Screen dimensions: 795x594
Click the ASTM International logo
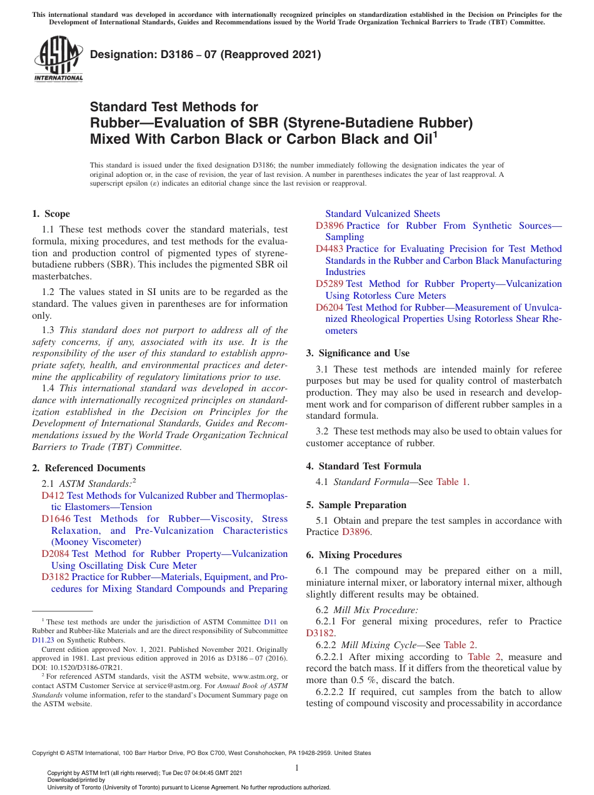click(x=58, y=59)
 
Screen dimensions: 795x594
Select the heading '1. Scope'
click(x=51, y=214)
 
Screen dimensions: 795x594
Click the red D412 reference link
click(x=53, y=496)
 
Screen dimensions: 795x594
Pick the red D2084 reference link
click(x=56, y=554)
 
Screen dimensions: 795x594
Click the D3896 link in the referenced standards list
click(x=330, y=226)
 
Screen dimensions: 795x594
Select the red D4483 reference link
click(x=330, y=249)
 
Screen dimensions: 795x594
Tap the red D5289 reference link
click(x=330, y=284)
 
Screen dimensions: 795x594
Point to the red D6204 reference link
click(x=330, y=307)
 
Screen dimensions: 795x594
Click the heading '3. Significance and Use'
click(x=358, y=353)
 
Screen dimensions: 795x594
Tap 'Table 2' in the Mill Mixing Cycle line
click(x=460, y=645)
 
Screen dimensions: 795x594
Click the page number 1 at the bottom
click(x=297, y=768)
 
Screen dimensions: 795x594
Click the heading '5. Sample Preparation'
click(x=356, y=505)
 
